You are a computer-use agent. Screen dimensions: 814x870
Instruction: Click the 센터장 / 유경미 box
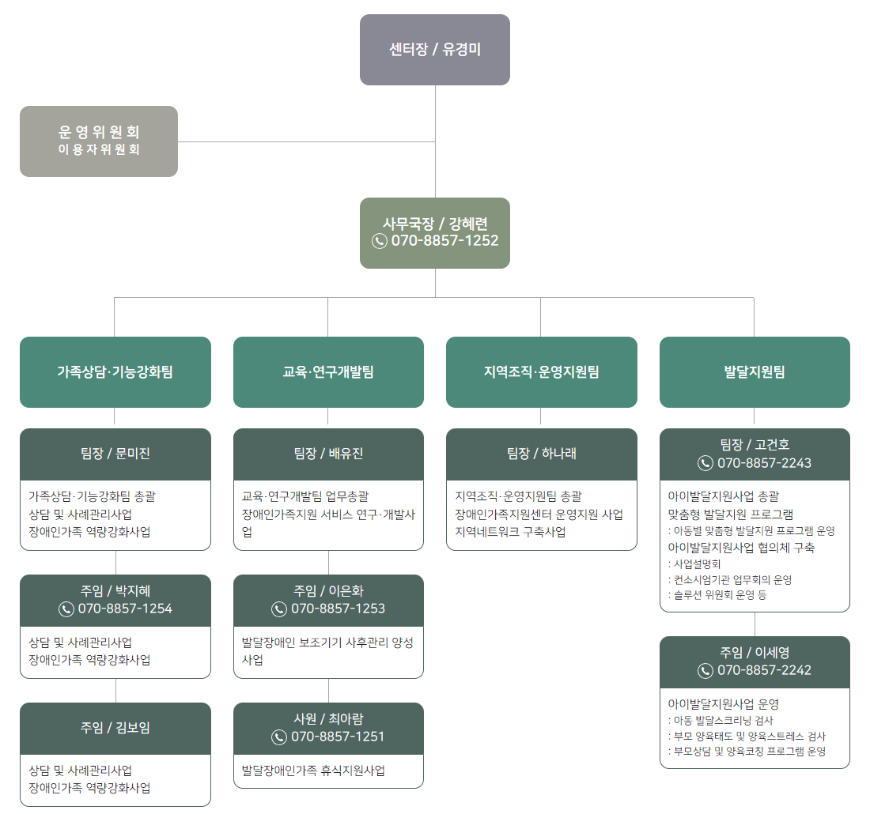435,49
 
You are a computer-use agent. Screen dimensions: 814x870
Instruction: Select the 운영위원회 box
99,132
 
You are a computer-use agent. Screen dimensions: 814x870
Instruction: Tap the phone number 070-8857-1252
444,241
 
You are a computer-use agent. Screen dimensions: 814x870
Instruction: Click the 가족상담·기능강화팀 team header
115,372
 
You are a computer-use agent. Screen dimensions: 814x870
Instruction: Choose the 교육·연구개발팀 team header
328,372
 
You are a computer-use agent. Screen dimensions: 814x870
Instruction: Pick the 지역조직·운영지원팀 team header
541,372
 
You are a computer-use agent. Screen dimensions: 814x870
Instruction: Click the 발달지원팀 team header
755,372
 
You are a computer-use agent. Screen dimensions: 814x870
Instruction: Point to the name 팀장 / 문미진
115,454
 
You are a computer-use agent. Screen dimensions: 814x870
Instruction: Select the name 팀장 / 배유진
328,454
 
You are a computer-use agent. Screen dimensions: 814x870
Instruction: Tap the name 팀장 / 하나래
541,454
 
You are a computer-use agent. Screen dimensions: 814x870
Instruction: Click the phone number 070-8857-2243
764,463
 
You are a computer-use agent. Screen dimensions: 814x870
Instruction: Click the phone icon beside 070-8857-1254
66,609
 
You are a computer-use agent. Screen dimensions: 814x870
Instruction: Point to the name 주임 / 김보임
115,728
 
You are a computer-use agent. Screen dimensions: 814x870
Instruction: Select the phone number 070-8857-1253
338,609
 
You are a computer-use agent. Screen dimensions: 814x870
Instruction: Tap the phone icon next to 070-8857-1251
279,737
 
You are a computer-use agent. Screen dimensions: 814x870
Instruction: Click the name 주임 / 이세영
755,653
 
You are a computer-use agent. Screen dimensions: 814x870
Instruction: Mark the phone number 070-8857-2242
764,670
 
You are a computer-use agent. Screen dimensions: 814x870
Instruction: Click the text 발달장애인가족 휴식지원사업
313,770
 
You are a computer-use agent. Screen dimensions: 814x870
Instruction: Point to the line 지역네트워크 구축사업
510,532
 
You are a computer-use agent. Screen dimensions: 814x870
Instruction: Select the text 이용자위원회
99,149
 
